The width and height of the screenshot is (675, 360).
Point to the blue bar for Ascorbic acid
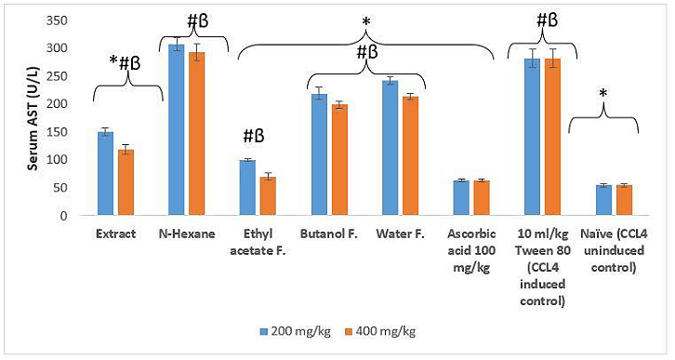tap(460, 198)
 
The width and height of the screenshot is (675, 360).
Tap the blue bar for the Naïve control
tap(602, 200)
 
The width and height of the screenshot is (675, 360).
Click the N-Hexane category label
tap(186, 233)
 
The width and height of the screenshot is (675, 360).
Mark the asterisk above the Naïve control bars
tap(602, 94)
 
